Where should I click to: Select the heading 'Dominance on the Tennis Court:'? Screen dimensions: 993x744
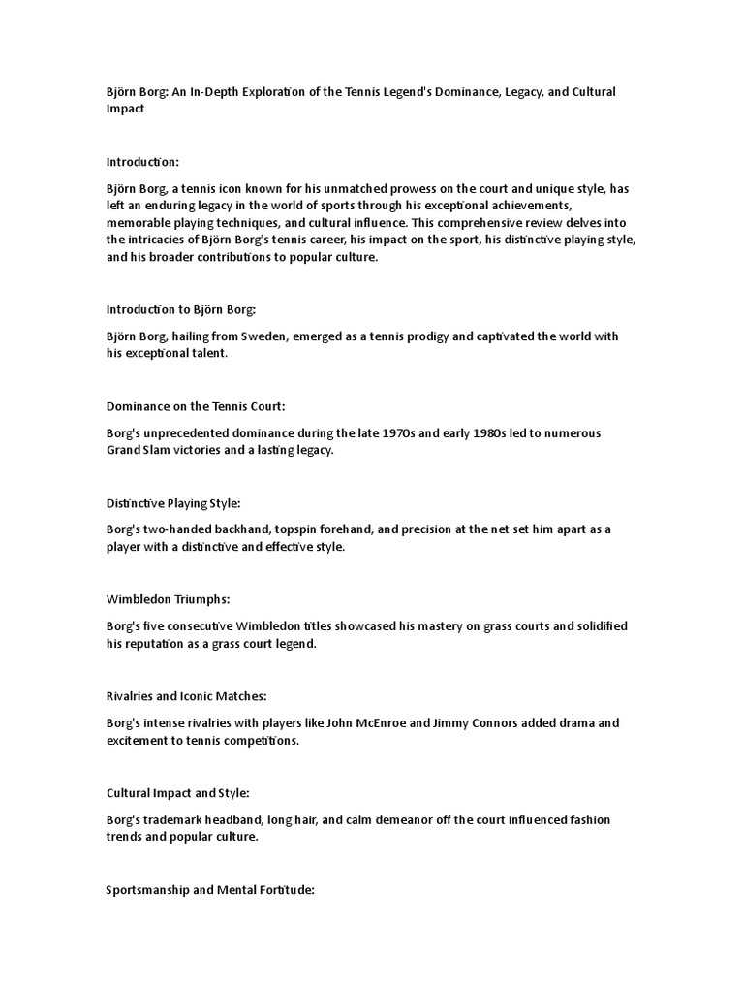coord(196,406)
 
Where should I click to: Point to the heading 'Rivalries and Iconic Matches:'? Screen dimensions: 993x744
coord(186,696)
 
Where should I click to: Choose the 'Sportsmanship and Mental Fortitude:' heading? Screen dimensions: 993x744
coord(210,889)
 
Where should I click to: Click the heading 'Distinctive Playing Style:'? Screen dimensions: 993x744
coord(173,503)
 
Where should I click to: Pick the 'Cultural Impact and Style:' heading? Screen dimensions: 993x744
coord(178,793)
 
